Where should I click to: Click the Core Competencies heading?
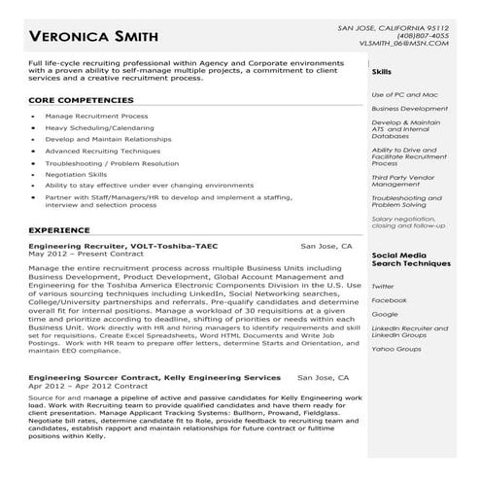point(83,100)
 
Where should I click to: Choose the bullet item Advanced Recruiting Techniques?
point(102,151)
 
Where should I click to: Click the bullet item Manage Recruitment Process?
point(96,116)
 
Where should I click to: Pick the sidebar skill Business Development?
point(409,109)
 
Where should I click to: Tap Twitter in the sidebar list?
point(383,286)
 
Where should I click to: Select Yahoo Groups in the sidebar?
point(396,348)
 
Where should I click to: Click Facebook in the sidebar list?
point(389,300)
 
